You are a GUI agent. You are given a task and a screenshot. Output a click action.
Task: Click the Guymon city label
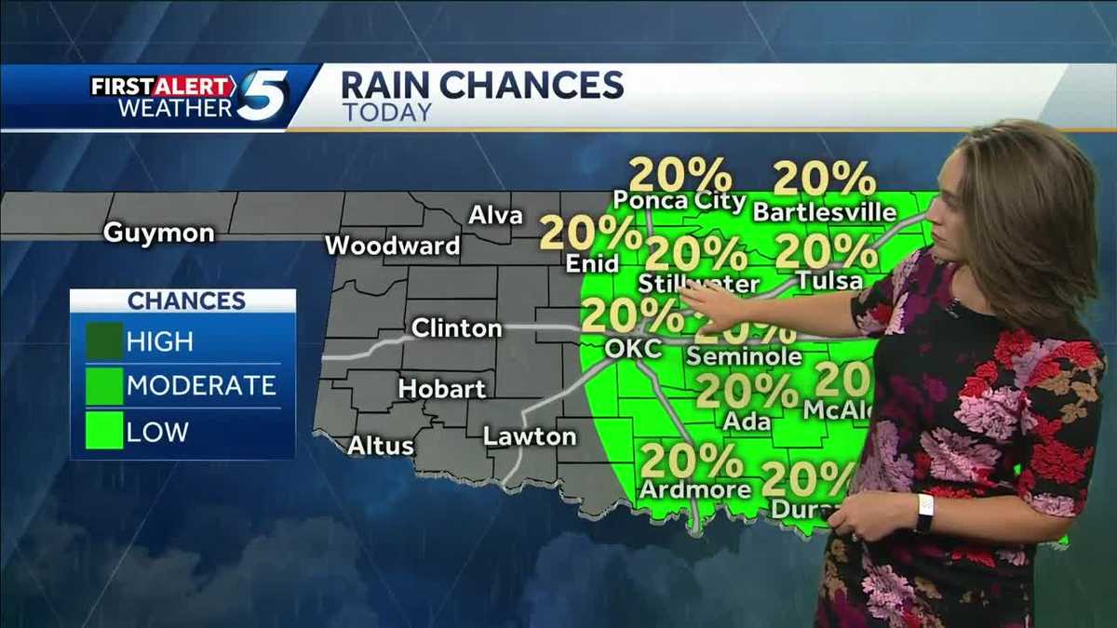coord(158,232)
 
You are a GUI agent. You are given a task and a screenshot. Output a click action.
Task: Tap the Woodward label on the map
coord(392,246)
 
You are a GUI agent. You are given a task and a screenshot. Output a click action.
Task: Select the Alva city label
coord(495,215)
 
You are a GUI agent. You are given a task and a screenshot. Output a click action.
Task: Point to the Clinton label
coord(456,327)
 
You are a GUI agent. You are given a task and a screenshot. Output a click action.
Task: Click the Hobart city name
coord(442,388)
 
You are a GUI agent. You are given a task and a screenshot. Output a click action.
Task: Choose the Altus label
coord(380,446)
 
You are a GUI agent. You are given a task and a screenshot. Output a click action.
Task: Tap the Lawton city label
coord(530,435)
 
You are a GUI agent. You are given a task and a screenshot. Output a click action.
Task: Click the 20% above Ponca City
coord(680,175)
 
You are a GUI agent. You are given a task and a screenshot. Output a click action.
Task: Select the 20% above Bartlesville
coord(824,178)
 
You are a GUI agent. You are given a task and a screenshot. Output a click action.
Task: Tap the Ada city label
coord(747,421)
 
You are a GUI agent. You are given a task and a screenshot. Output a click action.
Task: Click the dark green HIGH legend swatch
coord(104,341)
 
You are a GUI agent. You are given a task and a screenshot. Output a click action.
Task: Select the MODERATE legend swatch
coord(104,385)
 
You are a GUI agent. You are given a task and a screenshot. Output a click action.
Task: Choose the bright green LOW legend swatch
coord(104,432)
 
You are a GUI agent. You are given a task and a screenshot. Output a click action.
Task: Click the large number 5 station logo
coord(262,95)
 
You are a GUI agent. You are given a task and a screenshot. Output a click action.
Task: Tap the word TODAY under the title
coord(386,113)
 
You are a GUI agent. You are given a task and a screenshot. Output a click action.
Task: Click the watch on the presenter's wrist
coord(923,513)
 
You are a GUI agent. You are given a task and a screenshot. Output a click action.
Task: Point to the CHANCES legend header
coord(186,301)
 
